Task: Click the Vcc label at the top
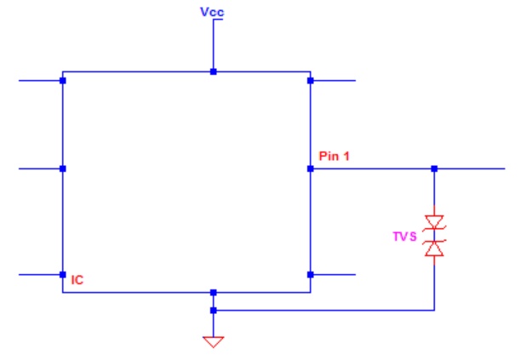point(212,12)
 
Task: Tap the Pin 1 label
point(334,156)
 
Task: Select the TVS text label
point(404,237)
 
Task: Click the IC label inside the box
point(77,280)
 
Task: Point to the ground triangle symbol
point(214,341)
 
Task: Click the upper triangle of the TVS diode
point(434,222)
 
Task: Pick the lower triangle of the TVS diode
point(434,249)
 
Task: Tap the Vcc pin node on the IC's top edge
point(214,71)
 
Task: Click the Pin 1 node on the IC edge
point(311,169)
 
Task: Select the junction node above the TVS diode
point(434,169)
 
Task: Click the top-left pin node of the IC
point(63,81)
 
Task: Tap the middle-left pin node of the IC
point(63,169)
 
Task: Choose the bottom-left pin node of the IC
point(63,275)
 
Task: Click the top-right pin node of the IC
point(311,81)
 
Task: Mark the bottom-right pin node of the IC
point(311,275)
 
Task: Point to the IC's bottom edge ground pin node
point(214,293)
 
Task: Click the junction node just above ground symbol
point(214,311)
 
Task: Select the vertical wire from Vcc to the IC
point(214,45)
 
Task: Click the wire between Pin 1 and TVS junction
point(372,169)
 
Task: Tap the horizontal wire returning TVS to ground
point(324,311)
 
